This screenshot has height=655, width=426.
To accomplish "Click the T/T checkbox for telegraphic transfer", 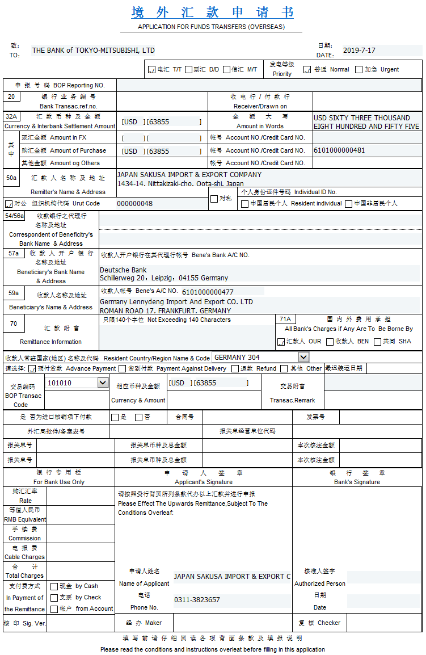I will pos(151,70).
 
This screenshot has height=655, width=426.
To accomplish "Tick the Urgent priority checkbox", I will pos(358,70).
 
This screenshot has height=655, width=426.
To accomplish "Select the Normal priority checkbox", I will pos(307,70).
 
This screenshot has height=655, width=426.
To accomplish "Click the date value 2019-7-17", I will pos(359,51).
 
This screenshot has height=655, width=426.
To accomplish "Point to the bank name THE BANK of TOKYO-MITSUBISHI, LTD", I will pos(94,51).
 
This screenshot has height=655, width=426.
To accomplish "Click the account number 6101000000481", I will pos(339,150).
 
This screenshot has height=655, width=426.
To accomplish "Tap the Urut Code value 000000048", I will pos(134,203).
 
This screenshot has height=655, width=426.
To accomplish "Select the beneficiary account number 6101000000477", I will pos(208,292).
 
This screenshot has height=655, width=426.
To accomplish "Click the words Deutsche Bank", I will pos(123,270).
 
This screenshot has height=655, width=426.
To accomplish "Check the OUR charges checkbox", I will pos(281,342).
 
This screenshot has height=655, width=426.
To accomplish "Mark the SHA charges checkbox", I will pos(377,342).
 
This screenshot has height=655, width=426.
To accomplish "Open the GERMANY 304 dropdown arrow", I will pos(303,357).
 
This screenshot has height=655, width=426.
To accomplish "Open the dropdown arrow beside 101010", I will pos(103,383).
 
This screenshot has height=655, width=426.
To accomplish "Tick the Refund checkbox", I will pos(235,368).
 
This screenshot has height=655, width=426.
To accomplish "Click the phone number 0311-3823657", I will pos(197,599).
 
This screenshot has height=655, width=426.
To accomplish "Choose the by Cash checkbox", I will pos(54,586).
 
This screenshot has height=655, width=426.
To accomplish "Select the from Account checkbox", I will pos(54,608).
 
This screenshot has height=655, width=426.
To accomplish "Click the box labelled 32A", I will pos(11,116).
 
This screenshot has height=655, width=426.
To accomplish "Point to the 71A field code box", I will pos(285,320).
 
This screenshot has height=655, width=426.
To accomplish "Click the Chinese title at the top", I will pos(213,12).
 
